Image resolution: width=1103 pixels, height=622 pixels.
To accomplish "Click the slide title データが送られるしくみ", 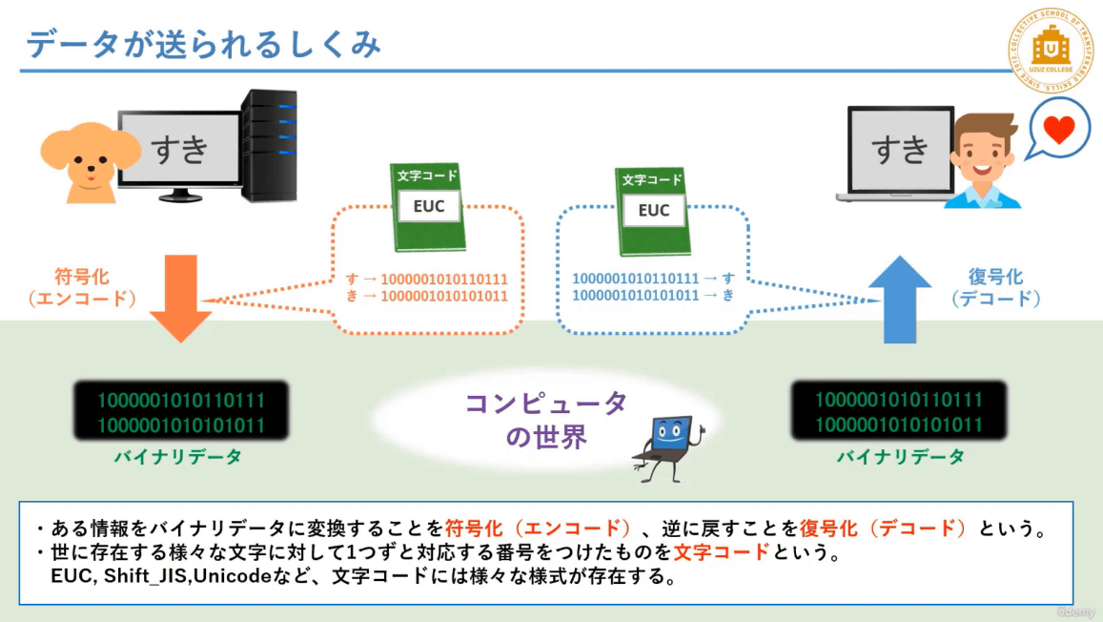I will point(204,44).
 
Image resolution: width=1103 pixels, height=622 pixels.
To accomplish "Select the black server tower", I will point(269,145).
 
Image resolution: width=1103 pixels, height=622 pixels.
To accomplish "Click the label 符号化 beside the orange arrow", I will point(81,277).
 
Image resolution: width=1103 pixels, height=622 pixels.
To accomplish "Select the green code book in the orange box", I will point(428,208).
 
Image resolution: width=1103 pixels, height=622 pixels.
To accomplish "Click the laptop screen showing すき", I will point(900,148).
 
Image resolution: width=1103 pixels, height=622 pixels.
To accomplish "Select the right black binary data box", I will point(900,412).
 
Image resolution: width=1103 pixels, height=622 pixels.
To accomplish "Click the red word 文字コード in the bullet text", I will point(721,553).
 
